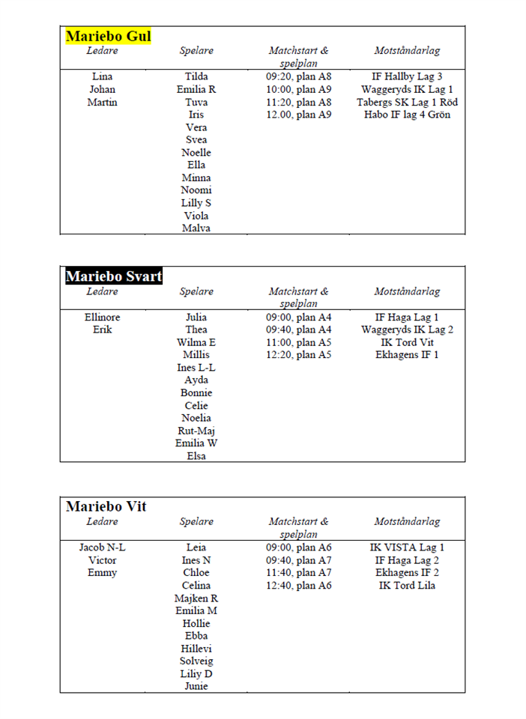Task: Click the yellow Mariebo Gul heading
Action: [x=109, y=36]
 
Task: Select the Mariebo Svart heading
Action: [x=113, y=276]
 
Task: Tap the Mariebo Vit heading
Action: [x=106, y=506]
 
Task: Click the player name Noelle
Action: [x=196, y=153]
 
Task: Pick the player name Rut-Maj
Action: [x=196, y=431]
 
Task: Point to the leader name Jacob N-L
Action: [x=103, y=547]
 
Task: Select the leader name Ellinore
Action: [x=103, y=318]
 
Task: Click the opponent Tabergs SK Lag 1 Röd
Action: [x=407, y=102]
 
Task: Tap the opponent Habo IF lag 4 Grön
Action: [x=407, y=115]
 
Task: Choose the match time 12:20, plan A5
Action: [x=299, y=355]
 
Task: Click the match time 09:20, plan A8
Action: [x=299, y=76]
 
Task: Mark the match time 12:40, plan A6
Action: [x=299, y=586]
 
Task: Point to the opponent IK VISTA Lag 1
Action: [x=407, y=547]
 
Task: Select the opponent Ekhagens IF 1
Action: [x=407, y=355]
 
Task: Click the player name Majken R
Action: [x=196, y=598]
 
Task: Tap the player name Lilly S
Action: [x=196, y=203]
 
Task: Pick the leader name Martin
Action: [x=103, y=102]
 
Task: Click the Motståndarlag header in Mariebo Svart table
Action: [x=407, y=291]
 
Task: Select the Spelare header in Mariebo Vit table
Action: [x=196, y=521]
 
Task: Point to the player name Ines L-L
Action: [x=196, y=368]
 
